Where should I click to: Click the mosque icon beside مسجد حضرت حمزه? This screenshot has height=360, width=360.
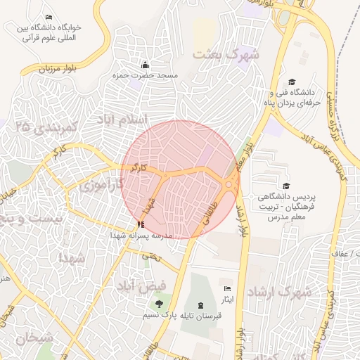point(145,65)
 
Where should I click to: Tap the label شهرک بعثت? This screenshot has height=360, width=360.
point(226,53)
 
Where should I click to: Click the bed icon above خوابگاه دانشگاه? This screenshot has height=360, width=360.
point(49,17)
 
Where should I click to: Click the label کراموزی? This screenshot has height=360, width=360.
point(101,186)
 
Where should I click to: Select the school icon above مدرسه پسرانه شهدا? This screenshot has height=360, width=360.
point(141,225)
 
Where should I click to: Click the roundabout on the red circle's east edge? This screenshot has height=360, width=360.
point(230,184)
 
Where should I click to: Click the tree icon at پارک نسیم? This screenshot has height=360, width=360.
point(159,304)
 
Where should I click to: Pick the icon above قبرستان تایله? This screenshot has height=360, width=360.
point(202,305)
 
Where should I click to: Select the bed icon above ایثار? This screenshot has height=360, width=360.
point(226,289)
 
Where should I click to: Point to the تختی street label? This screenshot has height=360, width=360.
point(151,257)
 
